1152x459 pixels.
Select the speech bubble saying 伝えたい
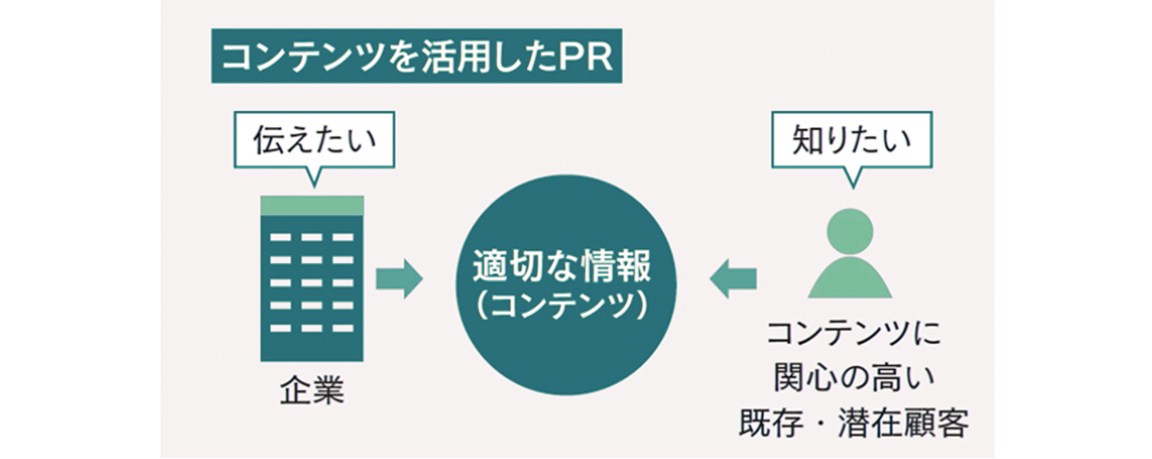314,140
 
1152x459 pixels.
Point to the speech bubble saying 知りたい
852,140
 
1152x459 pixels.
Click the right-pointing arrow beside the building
398,278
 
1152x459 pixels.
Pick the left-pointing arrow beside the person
733,278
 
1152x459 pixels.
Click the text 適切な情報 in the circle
562,266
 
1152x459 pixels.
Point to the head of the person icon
850,231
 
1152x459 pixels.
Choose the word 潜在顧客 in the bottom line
903,423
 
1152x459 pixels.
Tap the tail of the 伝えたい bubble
314,177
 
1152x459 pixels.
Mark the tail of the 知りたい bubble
853,178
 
